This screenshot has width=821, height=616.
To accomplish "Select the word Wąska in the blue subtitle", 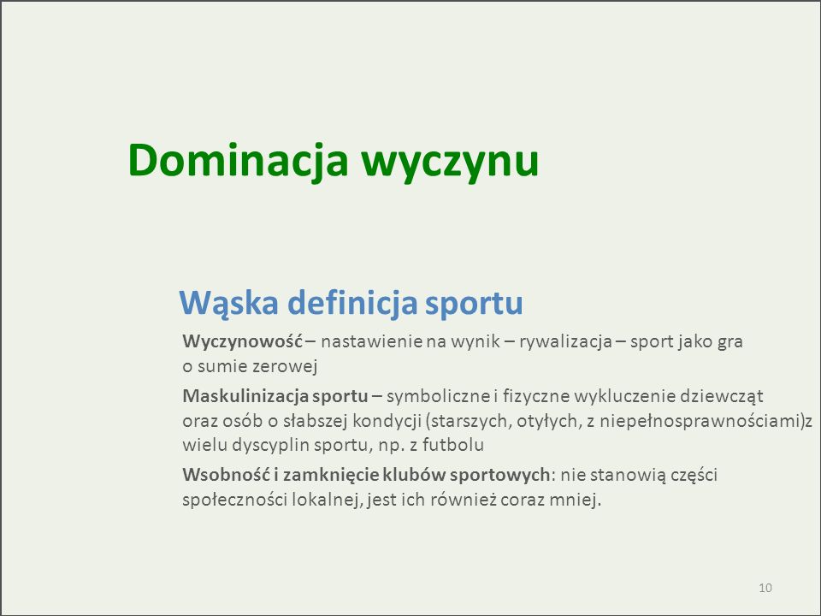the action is [x=228, y=303].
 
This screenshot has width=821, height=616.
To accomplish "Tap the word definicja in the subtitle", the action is [x=352, y=302].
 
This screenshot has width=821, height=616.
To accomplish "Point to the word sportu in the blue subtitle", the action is [x=474, y=304].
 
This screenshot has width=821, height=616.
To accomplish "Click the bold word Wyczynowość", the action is [x=242, y=342].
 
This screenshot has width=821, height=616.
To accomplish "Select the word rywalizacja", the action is [x=565, y=342].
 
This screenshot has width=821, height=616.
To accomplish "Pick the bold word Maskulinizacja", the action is [x=245, y=396].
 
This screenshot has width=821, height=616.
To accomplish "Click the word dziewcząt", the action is [x=721, y=396].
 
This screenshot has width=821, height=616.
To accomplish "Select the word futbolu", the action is [x=453, y=445].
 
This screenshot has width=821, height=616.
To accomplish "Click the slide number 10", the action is [x=765, y=588].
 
